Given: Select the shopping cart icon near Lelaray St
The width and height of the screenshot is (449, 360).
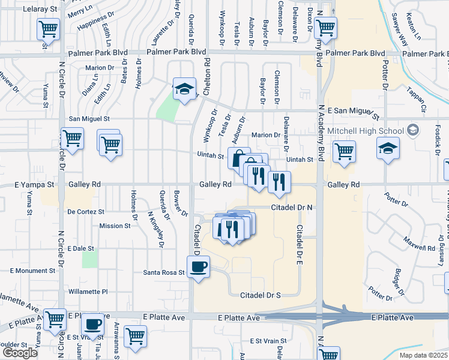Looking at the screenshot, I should coord(47,28).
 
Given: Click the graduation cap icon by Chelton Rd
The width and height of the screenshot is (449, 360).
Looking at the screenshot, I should coord(185,89).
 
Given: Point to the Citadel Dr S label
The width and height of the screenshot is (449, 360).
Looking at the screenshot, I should coord(261,295).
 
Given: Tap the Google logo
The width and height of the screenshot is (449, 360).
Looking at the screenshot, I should coord(20,352).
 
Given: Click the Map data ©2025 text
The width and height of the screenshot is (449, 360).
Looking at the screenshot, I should coord(423,355).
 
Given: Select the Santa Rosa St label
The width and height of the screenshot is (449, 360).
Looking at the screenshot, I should coord(164,272).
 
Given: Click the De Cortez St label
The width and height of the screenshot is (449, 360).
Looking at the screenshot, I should coord(86,212).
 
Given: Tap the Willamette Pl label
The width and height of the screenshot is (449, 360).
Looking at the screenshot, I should coord(88,292).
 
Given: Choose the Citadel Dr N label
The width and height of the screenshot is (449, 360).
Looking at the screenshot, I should coord(292,207).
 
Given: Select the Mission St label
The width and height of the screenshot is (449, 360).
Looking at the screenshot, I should coord(115,226).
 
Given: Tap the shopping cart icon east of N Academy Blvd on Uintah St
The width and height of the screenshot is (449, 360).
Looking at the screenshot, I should coord(344,152).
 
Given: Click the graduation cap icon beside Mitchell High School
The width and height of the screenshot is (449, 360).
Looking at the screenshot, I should coord(388,148).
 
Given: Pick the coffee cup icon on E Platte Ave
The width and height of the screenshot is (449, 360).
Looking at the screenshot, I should coord(92,324).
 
